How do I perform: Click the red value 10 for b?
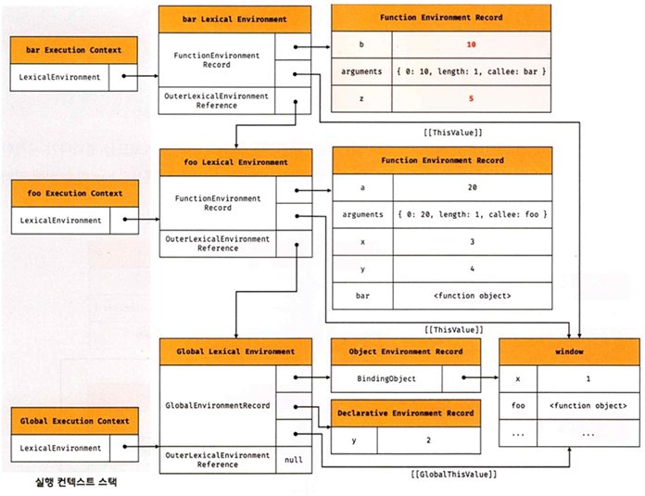pyautogui.click(x=472, y=44)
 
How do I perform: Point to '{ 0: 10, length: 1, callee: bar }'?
pyautogui.click(x=472, y=70)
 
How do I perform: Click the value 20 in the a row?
pyautogui.click(x=472, y=187)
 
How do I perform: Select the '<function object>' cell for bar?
pyautogui.click(x=472, y=295)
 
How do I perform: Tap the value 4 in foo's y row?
pyautogui.click(x=472, y=268)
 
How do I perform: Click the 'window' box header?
pyautogui.click(x=570, y=352)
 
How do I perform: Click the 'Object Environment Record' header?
pyautogui.click(x=406, y=352)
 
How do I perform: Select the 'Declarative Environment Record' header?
pyautogui.click(x=406, y=413)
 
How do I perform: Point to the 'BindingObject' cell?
pyautogui.click(x=387, y=378)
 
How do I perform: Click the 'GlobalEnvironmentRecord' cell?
pyautogui.click(x=218, y=406)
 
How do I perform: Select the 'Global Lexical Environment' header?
pyautogui.click(x=236, y=352)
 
